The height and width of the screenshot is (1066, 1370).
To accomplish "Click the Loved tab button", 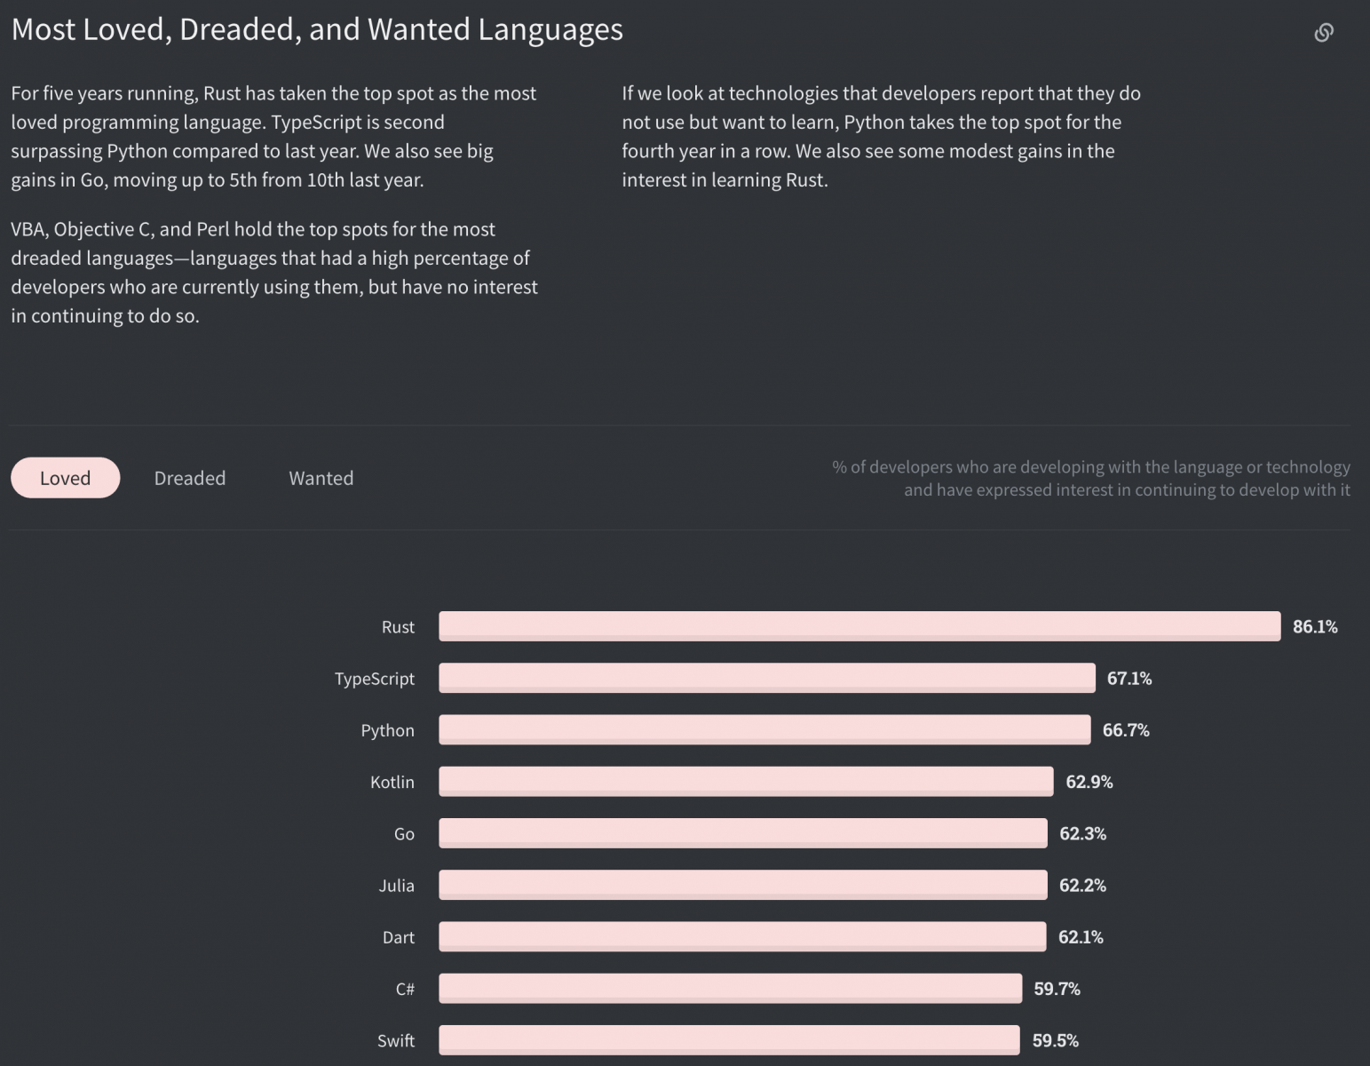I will tap(65, 478).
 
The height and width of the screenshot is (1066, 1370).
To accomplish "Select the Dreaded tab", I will tap(190, 478).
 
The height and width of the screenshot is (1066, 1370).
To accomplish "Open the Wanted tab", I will tap(321, 478).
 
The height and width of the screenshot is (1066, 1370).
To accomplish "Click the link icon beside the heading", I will tap(1323, 33).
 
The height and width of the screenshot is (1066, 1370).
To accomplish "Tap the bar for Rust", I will tap(859, 626).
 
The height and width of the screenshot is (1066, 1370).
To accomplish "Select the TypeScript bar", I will tap(766, 678).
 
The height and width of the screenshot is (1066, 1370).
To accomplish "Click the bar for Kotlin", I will tap(746, 782).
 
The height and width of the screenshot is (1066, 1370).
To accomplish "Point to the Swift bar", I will tap(729, 1040).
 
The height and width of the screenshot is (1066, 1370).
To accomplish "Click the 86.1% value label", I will tap(1315, 626).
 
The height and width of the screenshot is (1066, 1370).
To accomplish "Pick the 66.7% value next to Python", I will tap(1126, 730).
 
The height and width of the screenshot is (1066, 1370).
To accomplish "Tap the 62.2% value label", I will tap(1082, 886).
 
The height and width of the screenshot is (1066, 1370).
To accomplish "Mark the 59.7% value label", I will tap(1057, 989).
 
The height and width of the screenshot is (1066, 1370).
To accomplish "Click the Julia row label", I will tap(396, 886).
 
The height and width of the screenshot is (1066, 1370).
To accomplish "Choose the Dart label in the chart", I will tap(398, 937).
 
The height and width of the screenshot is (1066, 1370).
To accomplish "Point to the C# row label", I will tap(405, 989).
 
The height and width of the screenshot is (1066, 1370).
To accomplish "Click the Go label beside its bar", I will tap(404, 834).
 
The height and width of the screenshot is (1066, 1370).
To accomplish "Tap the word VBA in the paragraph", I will tap(28, 229).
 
